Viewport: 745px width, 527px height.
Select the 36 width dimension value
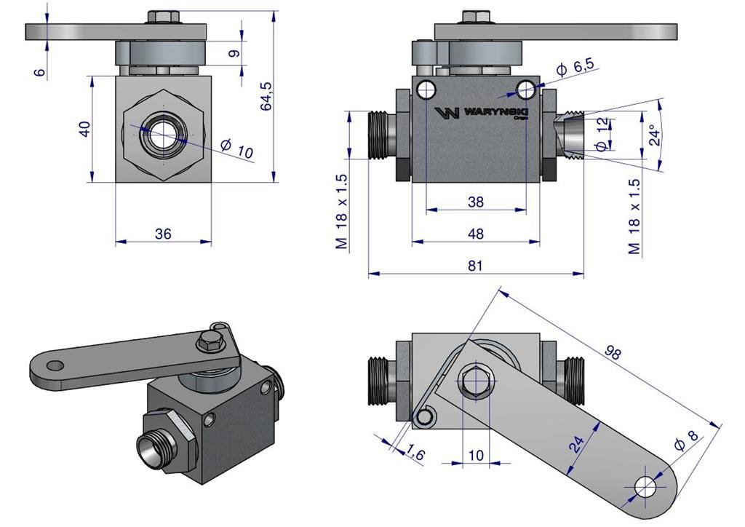click(164, 234)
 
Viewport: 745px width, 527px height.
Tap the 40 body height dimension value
click(85, 129)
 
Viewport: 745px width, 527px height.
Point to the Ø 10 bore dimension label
click(236, 149)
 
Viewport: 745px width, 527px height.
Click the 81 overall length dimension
click(475, 266)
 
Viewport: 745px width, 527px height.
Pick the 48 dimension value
click(475, 234)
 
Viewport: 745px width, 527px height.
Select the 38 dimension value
click(475, 202)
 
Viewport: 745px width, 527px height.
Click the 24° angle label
click(656, 135)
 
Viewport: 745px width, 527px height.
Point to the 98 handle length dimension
click(613, 352)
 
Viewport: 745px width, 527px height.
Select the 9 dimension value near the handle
click(233, 54)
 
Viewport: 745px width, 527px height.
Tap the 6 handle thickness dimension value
click(40, 71)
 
